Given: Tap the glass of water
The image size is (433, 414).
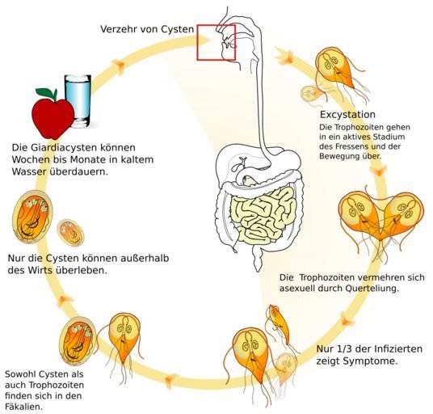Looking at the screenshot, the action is tap(78, 101).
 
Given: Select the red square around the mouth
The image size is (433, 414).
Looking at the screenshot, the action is tap(197, 42).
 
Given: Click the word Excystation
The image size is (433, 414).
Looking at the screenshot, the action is tap(347, 115).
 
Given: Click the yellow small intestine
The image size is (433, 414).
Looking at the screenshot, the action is tap(263, 214).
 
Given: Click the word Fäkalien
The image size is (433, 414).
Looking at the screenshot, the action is tap(23, 407).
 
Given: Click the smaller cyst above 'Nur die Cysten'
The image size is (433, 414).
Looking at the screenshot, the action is tap(70, 233).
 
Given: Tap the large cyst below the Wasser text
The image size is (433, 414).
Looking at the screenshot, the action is tap(32, 217).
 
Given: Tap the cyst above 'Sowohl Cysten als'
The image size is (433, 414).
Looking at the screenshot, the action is tap(78, 341).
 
